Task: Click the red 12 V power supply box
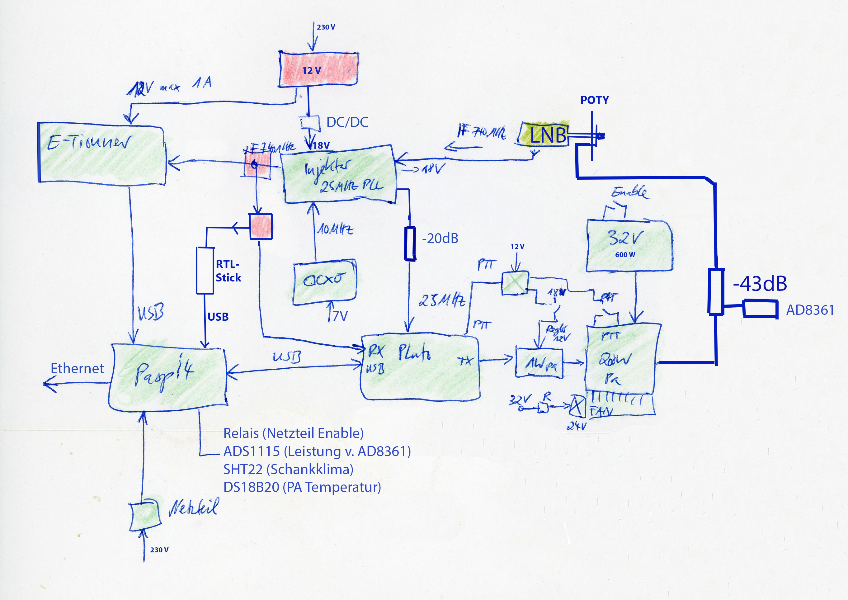point(318,69)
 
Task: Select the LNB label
point(548,135)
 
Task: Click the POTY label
point(594,100)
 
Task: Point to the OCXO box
point(324,281)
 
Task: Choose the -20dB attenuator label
point(440,238)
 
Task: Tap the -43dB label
point(760,284)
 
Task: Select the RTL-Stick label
point(228,271)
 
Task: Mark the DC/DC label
point(347,122)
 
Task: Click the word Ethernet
point(77,368)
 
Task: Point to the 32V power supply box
point(629,245)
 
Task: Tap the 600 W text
point(625,255)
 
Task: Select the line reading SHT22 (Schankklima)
point(288,469)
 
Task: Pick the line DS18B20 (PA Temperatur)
point(302,487)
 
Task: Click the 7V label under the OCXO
point(340,316)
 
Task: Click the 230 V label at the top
point(326,27)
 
